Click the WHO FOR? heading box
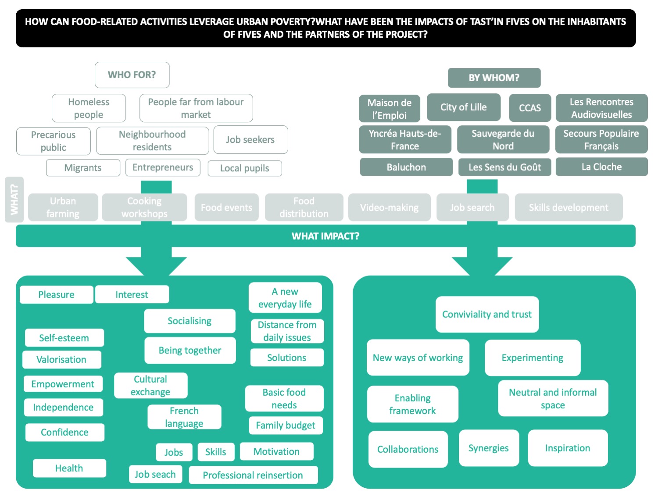click(x=132, y=75)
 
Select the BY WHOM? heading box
click(x=494, y=78)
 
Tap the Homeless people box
click(x=89, y=108)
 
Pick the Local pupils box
click(x=244, y=168)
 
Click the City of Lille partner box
click(x=463, y=107)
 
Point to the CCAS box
click(x=529, y=108)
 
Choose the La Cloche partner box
click(x=601, y=167)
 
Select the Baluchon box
click(x=406, y=167)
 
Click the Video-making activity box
click(x=389, y=208)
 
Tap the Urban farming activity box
click(x=63, y=207)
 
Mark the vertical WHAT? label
click(x=14, y=200)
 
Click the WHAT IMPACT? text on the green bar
click(x=325, y=236)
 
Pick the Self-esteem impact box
click(x=64, y=338)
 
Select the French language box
click(x=184, y=417)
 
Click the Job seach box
click(x=155, y=475)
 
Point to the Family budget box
click(x=286, y=426)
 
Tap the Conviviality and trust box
click(x=486, y=315)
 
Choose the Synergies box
click(x=488, y=448)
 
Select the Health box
click(x=69, y=468)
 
